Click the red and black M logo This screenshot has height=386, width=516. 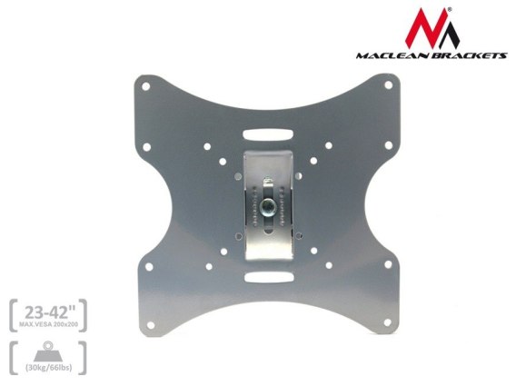point(432,28)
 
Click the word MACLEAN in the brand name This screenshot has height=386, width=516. point(394,55)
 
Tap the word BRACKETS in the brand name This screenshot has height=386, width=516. point(471,55)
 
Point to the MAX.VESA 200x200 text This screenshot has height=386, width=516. point(49,324)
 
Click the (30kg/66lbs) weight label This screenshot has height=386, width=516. point(49,367)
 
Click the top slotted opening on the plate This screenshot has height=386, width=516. point(268,134)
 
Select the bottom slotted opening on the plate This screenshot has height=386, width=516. point(269,277)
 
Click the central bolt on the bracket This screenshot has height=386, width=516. point(266,207)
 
